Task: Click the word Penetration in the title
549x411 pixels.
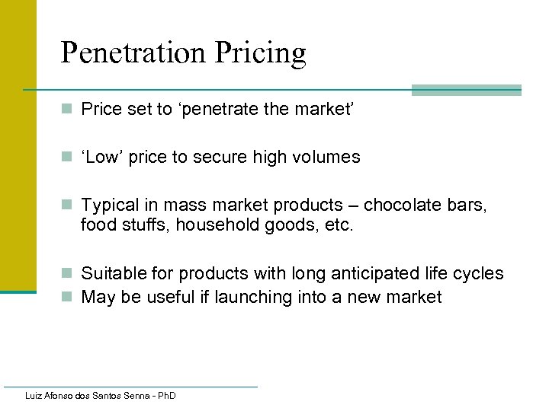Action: click(x=133, y=53)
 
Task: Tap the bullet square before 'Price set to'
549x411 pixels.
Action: click(x=68, y=110)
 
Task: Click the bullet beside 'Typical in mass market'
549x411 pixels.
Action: click(x=68, y=205)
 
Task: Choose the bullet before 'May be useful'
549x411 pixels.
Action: click(x=68, y=298)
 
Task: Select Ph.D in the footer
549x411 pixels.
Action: click(x=165, y=396)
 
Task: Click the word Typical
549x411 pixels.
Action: click(x=110, y=205)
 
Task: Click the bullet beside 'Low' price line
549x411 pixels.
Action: click(x=68, y=158)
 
